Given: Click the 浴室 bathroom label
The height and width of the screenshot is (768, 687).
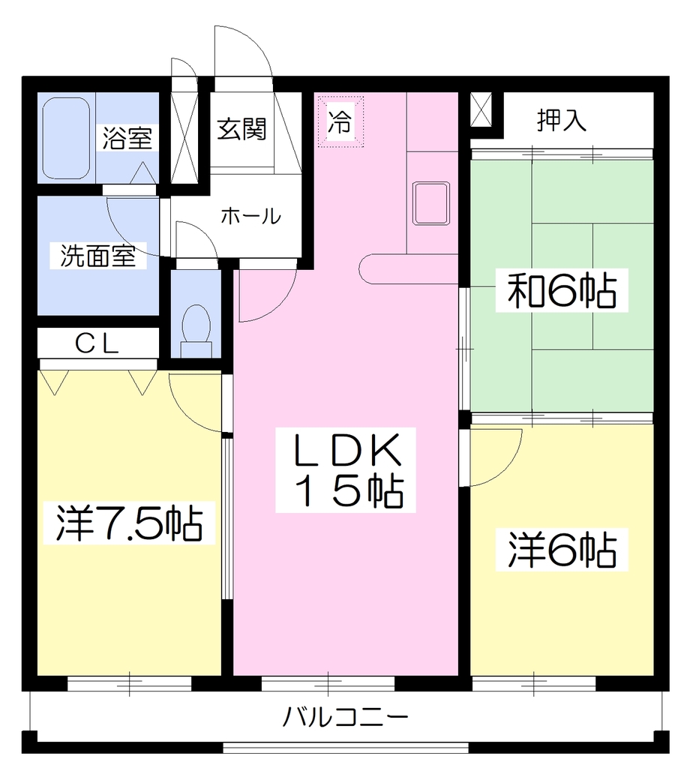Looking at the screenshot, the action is tap(127, 138).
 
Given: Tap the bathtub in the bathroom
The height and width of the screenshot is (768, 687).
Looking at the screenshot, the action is tap(66, 138).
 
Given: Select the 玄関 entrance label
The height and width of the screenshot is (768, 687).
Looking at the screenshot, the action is tap(241, 129).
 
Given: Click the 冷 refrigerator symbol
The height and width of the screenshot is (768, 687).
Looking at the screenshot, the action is tap(340, 121).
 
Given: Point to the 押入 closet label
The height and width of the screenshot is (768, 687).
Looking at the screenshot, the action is tap(562, 120).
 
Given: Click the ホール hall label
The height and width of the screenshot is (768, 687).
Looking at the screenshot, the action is tap(251, 216).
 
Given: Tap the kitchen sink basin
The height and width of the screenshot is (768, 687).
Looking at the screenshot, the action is tap(431, 203).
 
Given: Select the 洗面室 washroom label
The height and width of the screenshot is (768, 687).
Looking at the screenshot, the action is tap(98, 255).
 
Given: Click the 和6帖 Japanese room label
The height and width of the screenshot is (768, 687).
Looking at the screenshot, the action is tap(561, 290).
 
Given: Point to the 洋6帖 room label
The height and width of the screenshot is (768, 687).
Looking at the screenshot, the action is tap(562, 549).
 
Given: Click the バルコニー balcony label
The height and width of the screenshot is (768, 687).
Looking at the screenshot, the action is tap(346, 718).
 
